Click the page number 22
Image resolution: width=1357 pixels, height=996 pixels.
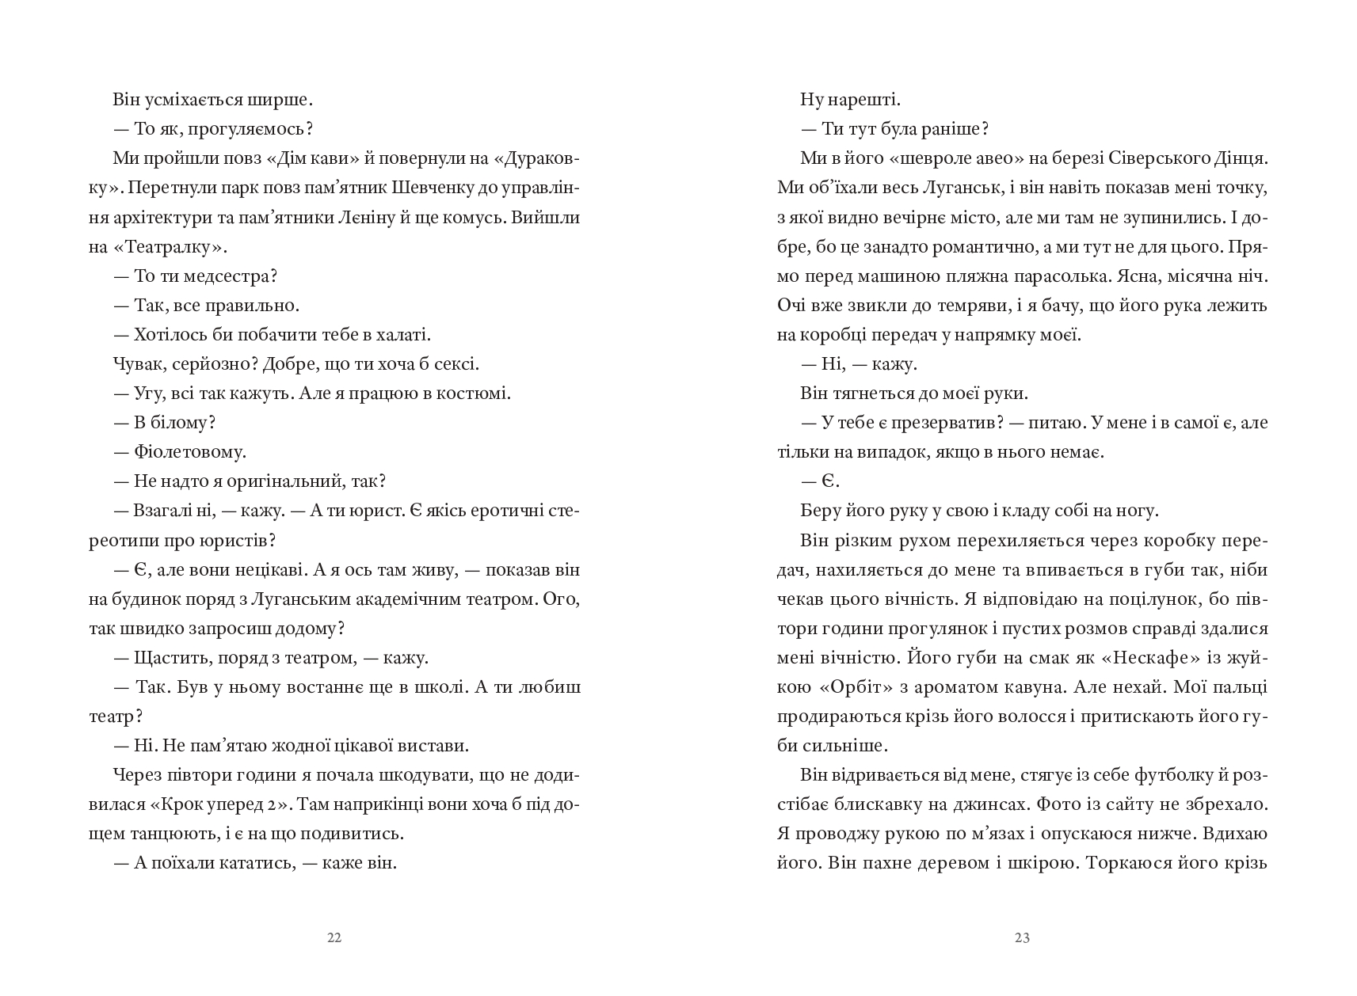(334, 938)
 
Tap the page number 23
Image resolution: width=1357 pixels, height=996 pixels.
(1022, 938)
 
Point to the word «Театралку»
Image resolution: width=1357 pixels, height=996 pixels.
(169, 247)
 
